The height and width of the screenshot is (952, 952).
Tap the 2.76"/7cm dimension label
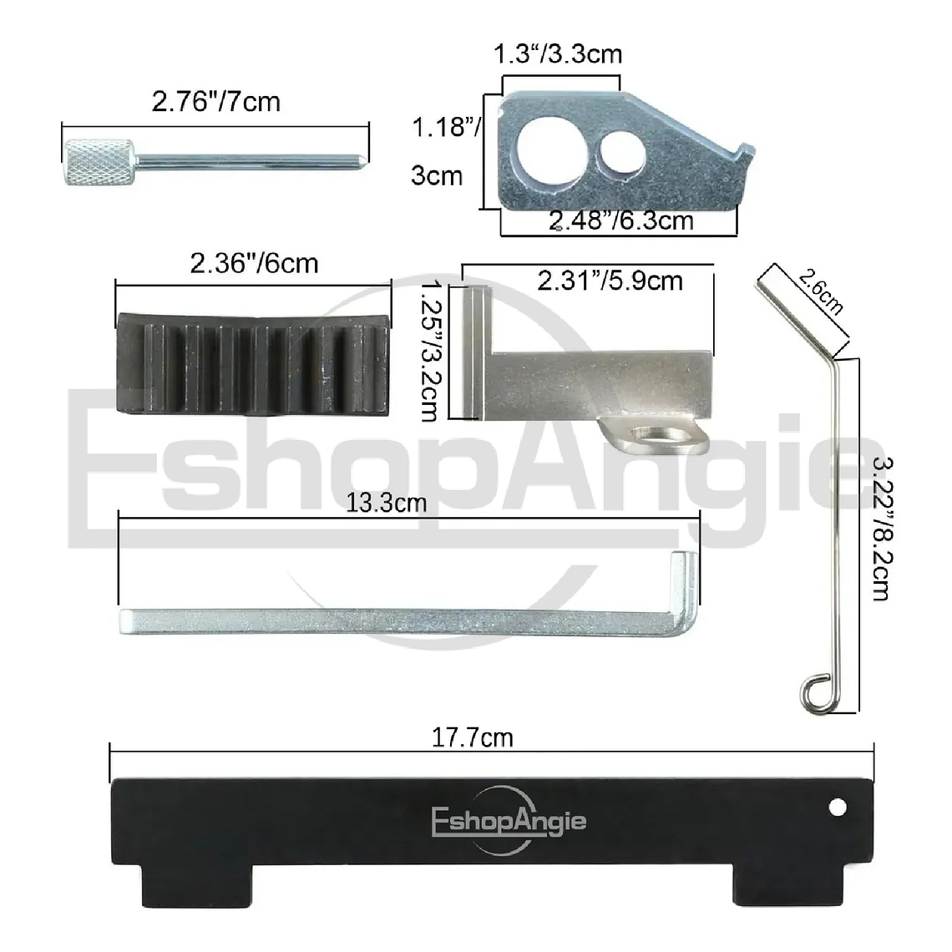pyautogui.click(x=215, y=102)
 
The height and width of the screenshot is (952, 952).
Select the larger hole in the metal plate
pyautogui.click(x=540, y=153)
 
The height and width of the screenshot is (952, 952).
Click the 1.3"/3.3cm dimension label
pyautogui.click(x=558, y=55)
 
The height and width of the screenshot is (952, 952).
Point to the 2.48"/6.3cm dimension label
pyautogui.click(x=621, y=220)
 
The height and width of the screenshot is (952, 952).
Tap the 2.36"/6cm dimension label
pyautogui.click(x=254, y=264)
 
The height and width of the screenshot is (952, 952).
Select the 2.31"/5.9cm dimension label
pyautogui.click(x=610, y=281)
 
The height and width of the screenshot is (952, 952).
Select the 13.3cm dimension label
pyautogui.click(x=387, y=503)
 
